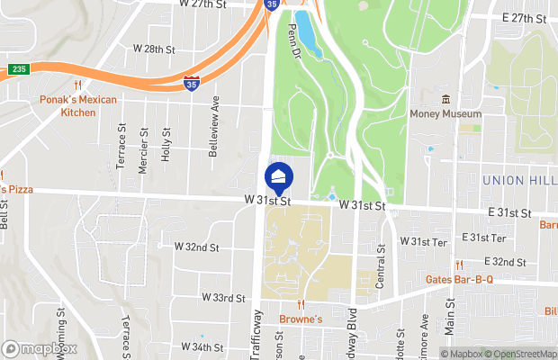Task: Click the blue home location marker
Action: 279,176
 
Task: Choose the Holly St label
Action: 166,143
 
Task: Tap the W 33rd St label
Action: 224,297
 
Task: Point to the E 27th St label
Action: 524,18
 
